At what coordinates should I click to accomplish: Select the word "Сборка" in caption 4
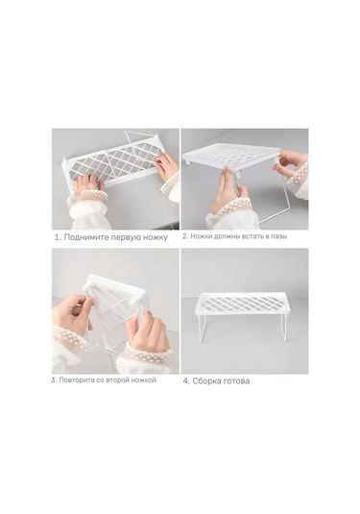(x=208, y=381)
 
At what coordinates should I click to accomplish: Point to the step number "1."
(x=57, y=236)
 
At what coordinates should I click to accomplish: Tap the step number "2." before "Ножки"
(x=185, y=235)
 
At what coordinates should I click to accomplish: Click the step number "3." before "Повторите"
(x=55, y=380)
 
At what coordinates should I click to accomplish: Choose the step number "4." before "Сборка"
(x=186, y=381)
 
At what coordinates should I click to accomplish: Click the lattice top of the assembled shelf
(x=245, y=306)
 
